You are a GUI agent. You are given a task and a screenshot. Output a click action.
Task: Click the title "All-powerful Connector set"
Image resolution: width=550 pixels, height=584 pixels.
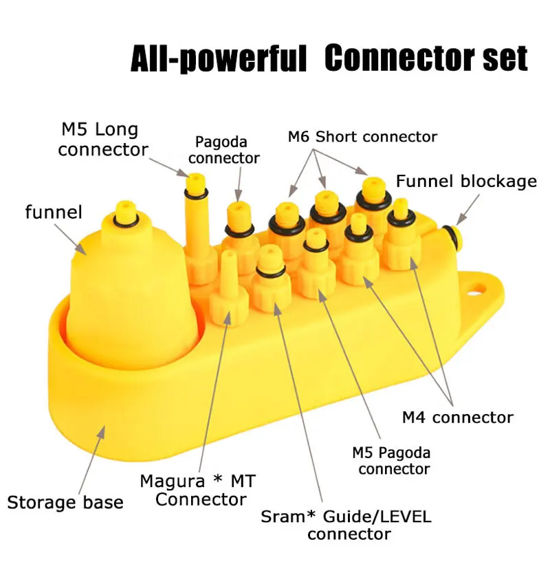pyautogui.click(x=329, y=59)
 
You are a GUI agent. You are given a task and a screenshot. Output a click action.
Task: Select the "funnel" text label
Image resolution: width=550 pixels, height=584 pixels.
pyautogui.click(x=53, y=212)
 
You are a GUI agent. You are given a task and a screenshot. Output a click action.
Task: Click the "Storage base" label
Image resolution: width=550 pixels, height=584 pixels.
pyautogui.click(x=65, y=501)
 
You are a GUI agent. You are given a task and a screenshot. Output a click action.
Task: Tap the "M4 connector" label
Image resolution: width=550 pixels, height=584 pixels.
pyautogui.click(x=457, y=417)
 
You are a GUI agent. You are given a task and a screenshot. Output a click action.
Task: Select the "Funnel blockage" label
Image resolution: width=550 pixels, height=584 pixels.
pyautogui.click(x=465, y=182)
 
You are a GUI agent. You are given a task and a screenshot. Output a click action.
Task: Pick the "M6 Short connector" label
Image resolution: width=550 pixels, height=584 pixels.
pyautogui.click(x=362, y=136)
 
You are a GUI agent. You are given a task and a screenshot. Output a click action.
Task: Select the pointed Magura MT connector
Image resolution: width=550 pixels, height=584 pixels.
pyautogui.click(x=228, y=289)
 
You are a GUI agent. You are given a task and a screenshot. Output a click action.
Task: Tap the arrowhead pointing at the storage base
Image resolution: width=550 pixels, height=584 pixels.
pyautogui.click(x=103, y=429)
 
